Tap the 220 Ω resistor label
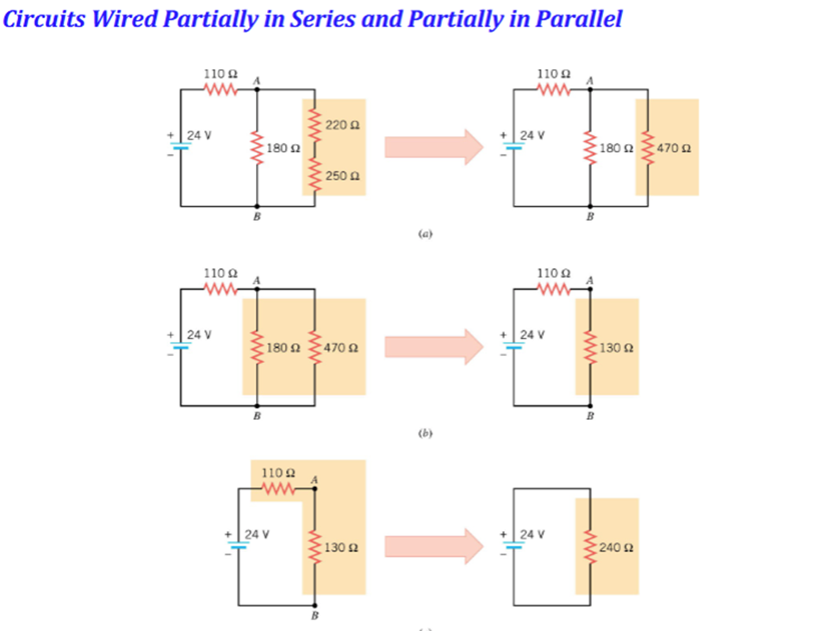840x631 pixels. tap(342, 126)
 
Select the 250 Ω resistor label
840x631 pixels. tap(342, 176)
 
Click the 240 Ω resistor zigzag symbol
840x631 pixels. tap(591, 547)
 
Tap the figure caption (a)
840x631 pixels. tap(424, 233)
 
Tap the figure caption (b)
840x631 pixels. tap(424, 434)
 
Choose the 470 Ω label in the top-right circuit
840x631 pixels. tap(674, 147)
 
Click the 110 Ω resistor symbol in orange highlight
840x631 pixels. tap(278, 490)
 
